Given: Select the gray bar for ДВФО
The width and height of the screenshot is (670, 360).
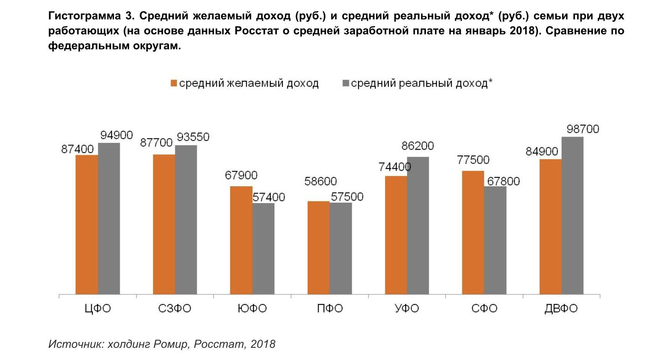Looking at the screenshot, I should pos(572,215).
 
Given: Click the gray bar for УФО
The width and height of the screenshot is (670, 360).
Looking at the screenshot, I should pos(418,225).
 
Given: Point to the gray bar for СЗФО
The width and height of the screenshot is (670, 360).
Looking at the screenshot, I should pos(186,220).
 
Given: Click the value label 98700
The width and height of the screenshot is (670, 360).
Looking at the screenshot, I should pos(583,129).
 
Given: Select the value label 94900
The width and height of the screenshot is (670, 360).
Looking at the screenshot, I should pos(116,135).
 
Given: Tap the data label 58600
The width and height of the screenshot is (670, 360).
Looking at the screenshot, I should pos(321,181).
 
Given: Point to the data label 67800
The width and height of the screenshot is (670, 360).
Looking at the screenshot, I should pos(504,181).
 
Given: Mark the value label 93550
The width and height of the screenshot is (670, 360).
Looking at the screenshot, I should pos(193,137).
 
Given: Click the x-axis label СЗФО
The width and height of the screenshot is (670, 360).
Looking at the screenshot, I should pos(174,309).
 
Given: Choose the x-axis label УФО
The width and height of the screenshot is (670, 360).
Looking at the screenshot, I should pos(407,309).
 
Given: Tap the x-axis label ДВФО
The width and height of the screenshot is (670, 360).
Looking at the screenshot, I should pos(561,309).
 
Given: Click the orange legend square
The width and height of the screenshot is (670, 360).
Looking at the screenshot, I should pos(174,83).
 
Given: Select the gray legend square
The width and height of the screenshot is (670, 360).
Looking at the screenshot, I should pos(346,83).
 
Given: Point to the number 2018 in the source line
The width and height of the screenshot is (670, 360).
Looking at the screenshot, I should pos(263,344).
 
